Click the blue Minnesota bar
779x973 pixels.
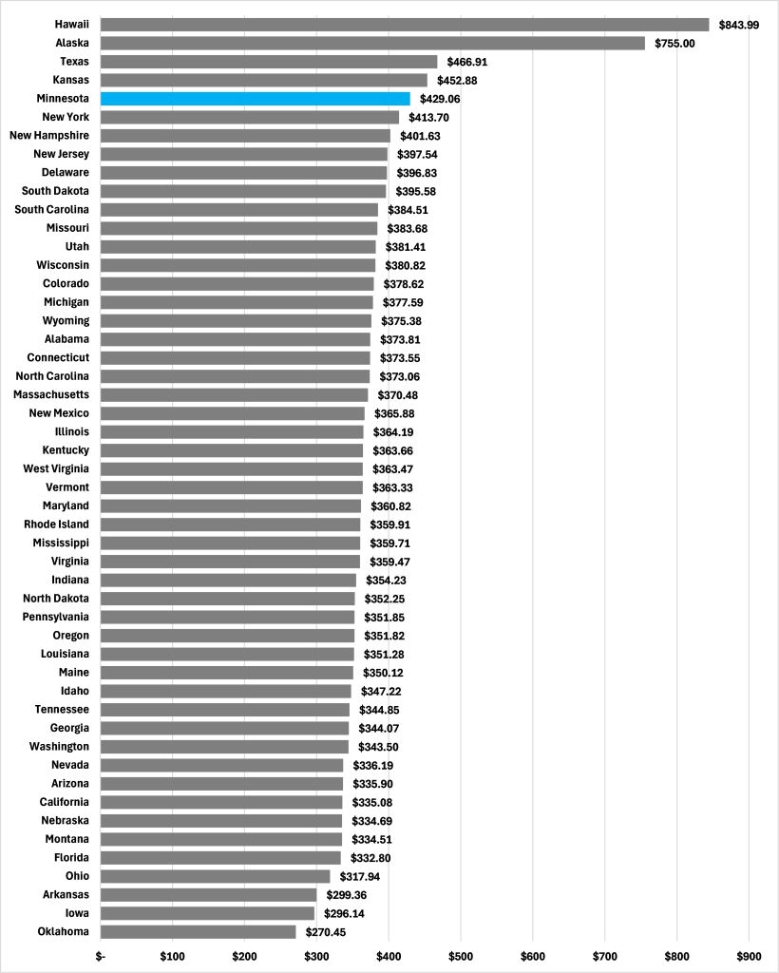coord(255,99)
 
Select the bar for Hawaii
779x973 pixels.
coord(404,25)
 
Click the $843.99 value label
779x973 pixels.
coord(739,25)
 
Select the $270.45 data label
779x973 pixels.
coord(326,932)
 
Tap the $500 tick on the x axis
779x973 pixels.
coord(461,957)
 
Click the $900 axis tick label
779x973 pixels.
coord(749,957)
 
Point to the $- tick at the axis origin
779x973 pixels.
coord(101,957)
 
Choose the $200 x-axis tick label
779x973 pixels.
coord(244,957)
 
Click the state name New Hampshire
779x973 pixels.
coord(49,136)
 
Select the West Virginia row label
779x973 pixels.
coord(56,469)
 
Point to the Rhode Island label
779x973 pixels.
coord(56,525)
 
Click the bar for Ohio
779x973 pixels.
coord(215,876)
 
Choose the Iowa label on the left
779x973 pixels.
coord(77,913)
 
